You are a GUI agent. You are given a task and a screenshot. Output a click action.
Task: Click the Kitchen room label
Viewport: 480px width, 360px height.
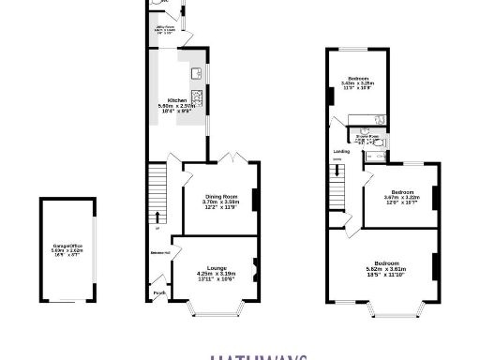(175, 99)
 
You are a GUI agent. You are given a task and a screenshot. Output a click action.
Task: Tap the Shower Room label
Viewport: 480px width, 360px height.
(366, 136)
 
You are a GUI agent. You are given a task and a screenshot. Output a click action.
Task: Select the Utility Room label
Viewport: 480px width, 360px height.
(167, 28)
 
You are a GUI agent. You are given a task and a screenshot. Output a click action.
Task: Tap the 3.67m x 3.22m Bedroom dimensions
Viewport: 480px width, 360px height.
(399, 198)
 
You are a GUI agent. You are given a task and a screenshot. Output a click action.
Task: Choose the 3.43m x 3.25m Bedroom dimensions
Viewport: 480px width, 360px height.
(360, 83)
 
